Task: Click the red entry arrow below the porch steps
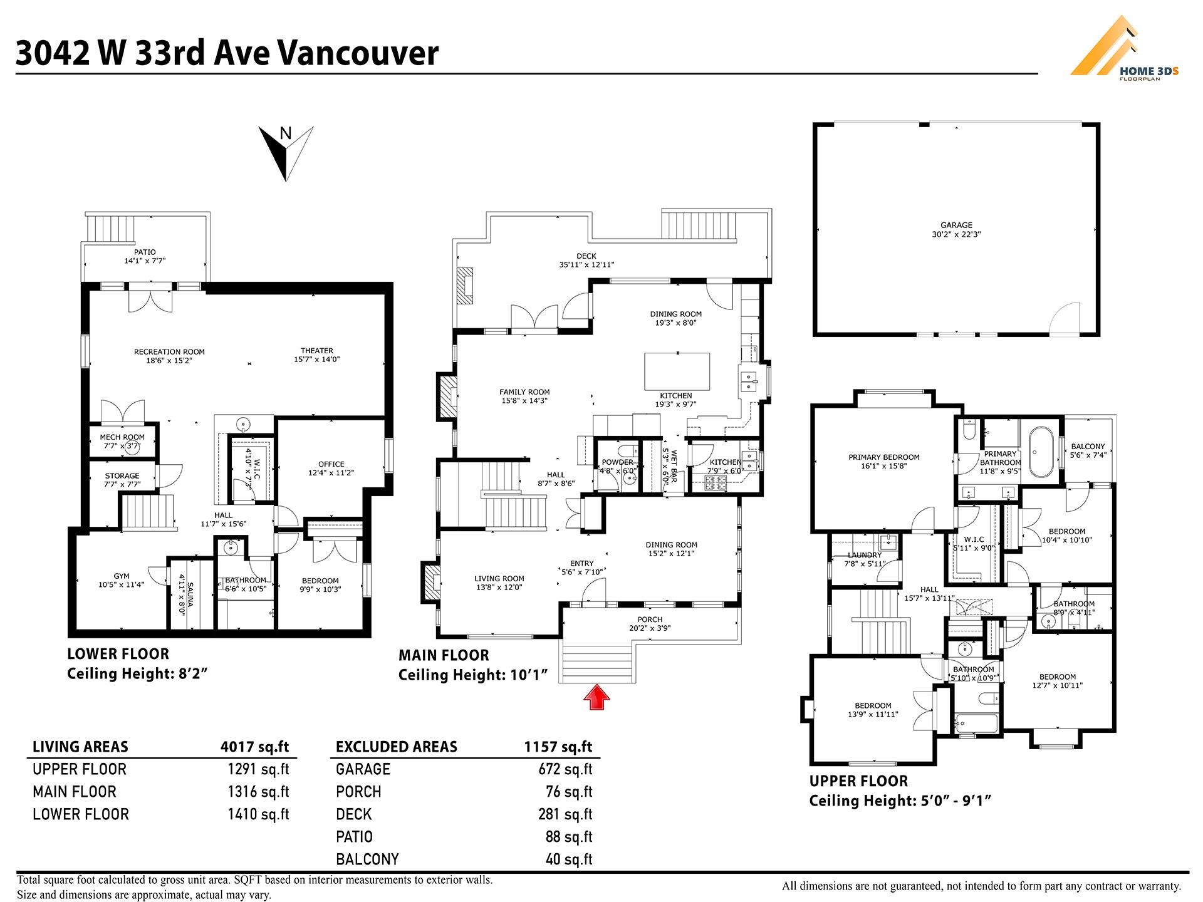pyautogui.click(x=597, y=697)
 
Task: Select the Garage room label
pyautogui.click(x=956, y=225)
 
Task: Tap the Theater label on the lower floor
pyautogui.click(x=317, y=351)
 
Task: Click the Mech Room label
pyautogui.click(x=122, y=437)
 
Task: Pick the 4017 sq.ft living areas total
pyautogui.click(x=255, y=747)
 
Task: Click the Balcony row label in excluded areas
pyautogui.click(x=367, y=859)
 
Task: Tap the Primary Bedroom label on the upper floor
pyautogui.click(x=884, y=457)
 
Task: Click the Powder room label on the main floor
pyautogui.click(x=618, y=462)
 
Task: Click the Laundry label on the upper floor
pyautogui.click(x=865, y=555)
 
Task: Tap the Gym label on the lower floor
pyautogui.click(x=122, y=576)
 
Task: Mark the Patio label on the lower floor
pyautogui.click(x=145, y=252)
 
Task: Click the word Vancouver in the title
pyautogui.click(x=357, y=53)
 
